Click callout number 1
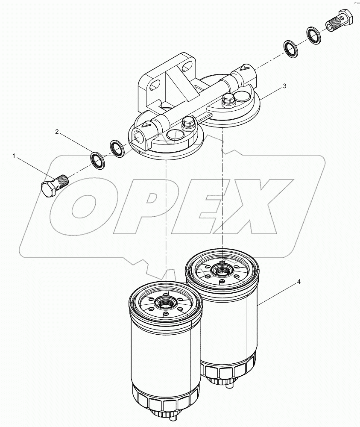(14, 157)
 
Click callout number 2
(56, 132)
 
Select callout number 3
(284, 86)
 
